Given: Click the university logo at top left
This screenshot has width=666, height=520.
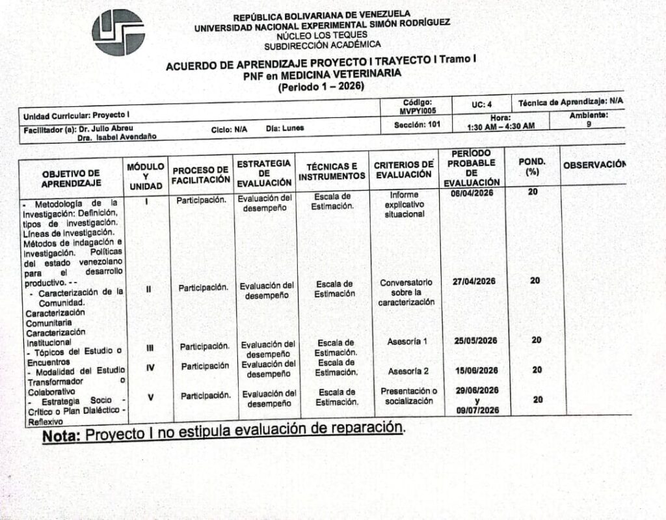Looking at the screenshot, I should tap(118, 32).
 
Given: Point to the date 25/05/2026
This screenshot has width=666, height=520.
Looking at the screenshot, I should tap(475, 340).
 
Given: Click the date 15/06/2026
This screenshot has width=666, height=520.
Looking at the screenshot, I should tap(477, 370).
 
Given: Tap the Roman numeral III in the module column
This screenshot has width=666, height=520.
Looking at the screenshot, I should tap(150, 348).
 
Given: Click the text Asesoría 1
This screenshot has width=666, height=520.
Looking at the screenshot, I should tap(408, 342).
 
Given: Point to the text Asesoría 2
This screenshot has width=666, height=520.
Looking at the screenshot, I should tap(408, 372).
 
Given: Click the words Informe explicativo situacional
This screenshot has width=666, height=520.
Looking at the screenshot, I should tap(404, 204).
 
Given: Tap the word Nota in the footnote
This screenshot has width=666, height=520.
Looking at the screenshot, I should tap(62, 435).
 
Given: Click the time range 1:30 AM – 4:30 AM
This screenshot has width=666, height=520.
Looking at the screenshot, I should tap(501, 126).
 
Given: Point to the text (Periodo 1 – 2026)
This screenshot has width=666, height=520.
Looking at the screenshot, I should tap(321, 86).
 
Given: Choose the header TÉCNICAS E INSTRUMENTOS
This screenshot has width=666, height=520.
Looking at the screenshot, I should tap(332, 171).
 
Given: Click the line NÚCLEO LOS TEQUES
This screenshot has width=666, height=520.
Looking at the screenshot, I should tap(321, 35).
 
